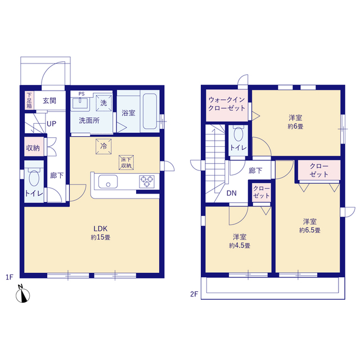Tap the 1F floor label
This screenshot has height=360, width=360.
10,277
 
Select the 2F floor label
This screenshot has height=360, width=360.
194,294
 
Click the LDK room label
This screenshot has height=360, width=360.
101,228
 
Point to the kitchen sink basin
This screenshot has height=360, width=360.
108,181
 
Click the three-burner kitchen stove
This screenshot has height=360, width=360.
147,182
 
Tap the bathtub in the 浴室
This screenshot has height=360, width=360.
150,111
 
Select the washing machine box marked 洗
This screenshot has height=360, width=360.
103,103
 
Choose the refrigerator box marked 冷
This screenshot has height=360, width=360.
103,146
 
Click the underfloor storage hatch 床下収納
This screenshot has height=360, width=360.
126,163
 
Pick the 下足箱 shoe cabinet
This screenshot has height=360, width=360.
29,100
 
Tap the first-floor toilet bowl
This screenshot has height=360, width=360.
34,178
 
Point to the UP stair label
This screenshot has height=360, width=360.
51,124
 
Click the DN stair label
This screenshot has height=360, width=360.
231,193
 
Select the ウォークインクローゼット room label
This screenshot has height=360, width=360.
227,103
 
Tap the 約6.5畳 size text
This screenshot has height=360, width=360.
310,230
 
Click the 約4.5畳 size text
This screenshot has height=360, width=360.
240,245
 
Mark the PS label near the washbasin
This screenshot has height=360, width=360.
82,94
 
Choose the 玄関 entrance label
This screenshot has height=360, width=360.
49,101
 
